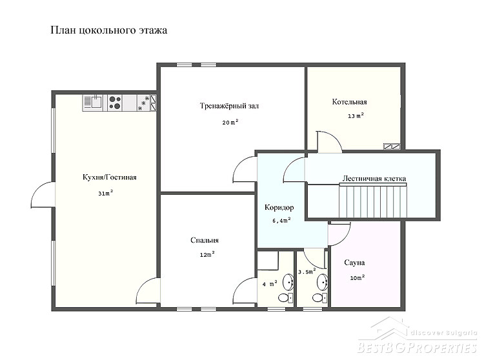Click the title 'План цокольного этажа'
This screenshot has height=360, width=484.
click(108, 30)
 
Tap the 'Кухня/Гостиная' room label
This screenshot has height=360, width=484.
click(110, 177)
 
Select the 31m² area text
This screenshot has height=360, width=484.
click(106, 193)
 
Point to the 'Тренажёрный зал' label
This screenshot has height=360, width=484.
click(229, 106)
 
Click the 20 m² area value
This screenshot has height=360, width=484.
click(230, 122)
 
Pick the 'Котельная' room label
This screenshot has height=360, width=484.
click(349, 102)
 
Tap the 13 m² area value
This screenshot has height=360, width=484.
click(356, 115)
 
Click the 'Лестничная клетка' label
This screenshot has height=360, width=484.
click(374, 178)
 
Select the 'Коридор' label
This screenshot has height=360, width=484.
click(279, 208)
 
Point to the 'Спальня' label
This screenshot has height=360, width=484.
click(205, 240)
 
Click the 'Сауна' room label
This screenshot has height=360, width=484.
click(354, 263)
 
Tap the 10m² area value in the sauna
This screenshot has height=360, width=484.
click(358, 277)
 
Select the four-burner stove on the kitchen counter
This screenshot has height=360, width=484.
click(115, 103)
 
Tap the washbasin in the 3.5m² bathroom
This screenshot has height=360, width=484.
click(323, 282)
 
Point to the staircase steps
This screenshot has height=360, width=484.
click(373, 201)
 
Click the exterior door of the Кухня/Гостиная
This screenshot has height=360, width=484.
click(43, 195)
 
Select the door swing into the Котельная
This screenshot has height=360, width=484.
click(329, 141)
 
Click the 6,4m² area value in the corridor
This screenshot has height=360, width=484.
click(281, 220)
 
